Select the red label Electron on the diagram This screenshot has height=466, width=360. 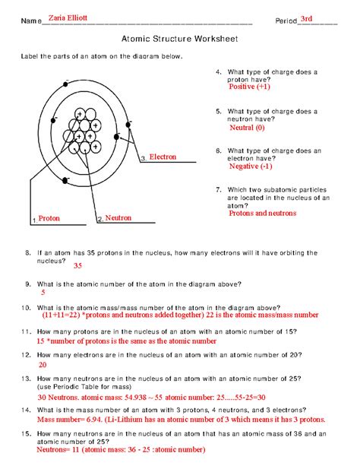pyautogui.click(x=163, y=157)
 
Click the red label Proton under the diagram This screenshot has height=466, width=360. pyautogui.click(x=49, y=218)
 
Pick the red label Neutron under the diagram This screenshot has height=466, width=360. pyautogui.click(x=118, y=217)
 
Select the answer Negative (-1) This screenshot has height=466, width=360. pyautogui.click(x=250, y=166)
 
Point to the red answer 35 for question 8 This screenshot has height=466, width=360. pyautogui.click(x=77, y=266)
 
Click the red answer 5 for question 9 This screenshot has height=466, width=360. pyautogui.click(x=43, y=292)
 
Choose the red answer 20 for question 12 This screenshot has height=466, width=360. pyautogui.click(x=43, y=364)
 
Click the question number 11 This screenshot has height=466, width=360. pyautogui.click(x=26, y=331)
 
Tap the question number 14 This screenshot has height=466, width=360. pyautogui.click(x=26, y=408)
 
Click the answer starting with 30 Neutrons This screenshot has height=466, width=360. pyautogui.click(x=141, y=397)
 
